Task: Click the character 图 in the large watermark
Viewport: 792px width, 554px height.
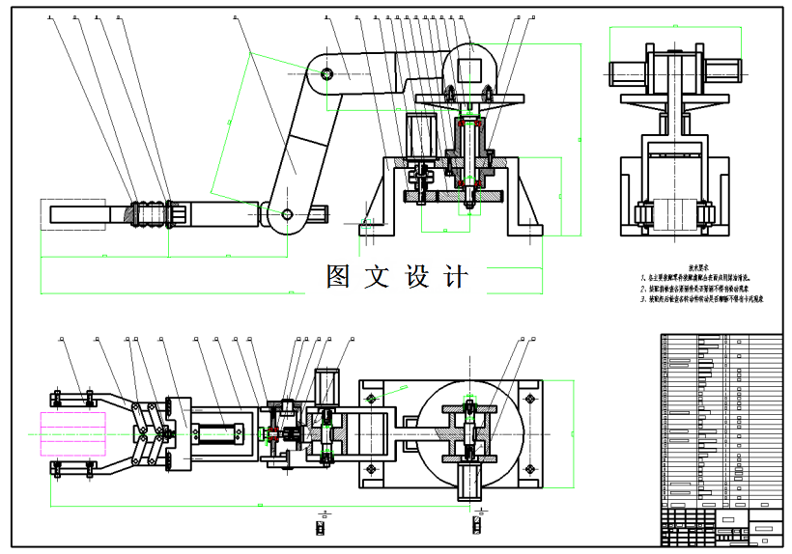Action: click(x=337, y=277)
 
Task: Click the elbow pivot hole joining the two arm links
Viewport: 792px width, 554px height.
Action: click(x=328, y=72)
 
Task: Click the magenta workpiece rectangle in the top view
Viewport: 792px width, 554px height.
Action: click(x=72, y=431)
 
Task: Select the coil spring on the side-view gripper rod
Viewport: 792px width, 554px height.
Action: click(x=148, y=213)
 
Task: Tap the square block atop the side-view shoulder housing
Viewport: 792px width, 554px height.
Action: click(x=470, y=70)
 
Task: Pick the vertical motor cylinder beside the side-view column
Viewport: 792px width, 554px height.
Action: click(x=419, y=136)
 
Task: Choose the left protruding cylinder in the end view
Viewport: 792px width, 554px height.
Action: click(x=623, y=70)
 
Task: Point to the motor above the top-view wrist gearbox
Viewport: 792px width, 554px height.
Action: click(x=329, y=384)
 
